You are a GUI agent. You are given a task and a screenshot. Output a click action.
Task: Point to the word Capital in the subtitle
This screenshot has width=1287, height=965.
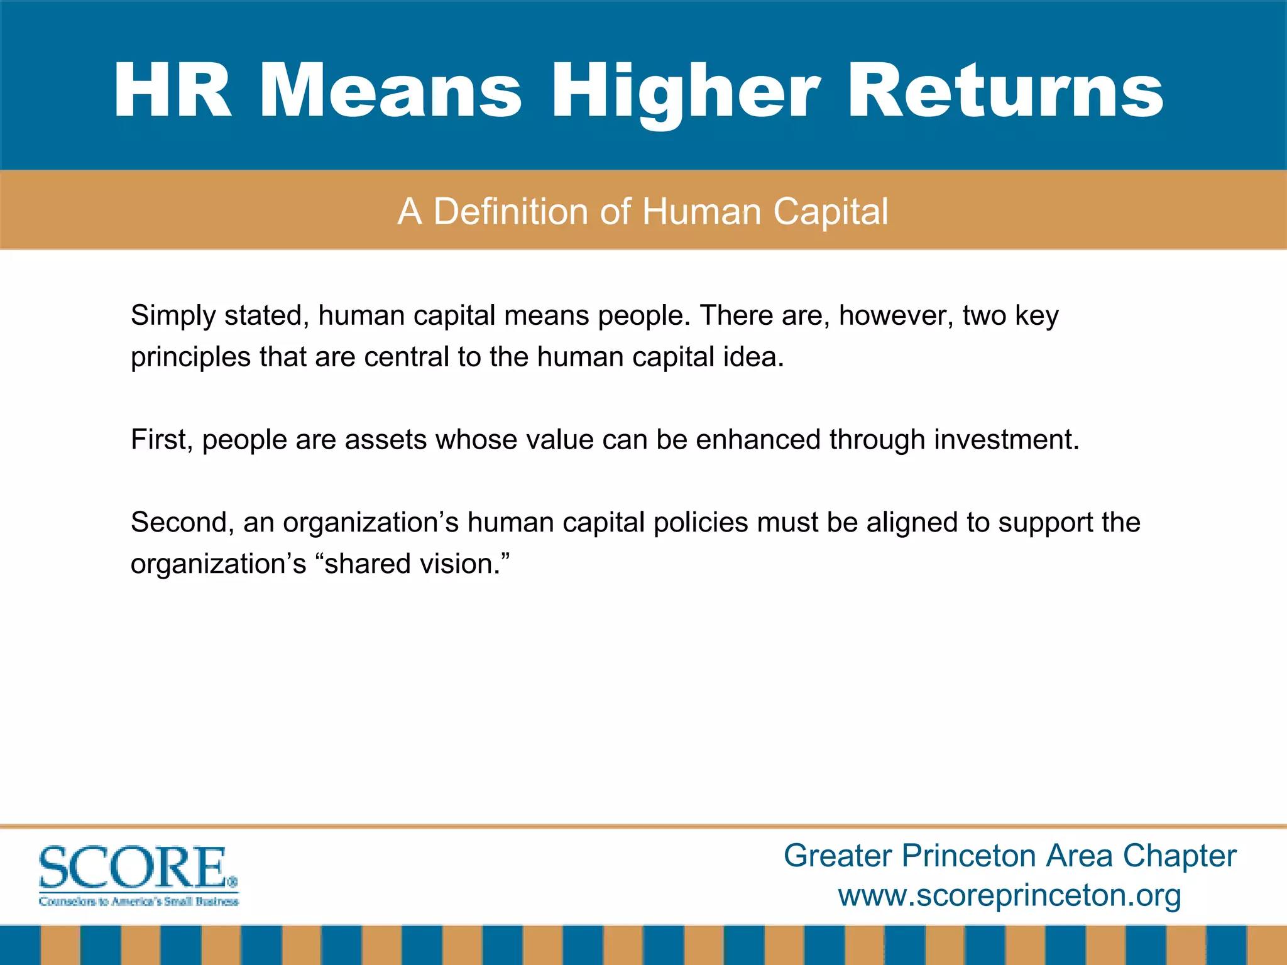tap(830, 212)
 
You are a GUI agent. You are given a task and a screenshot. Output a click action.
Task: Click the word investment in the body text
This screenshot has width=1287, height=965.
tap(1006, 440)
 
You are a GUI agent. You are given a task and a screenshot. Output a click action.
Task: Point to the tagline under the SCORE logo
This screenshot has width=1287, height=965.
tap(139, 902)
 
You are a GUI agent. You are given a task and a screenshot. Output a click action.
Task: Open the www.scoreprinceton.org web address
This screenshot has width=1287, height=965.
tap(1009, 895)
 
